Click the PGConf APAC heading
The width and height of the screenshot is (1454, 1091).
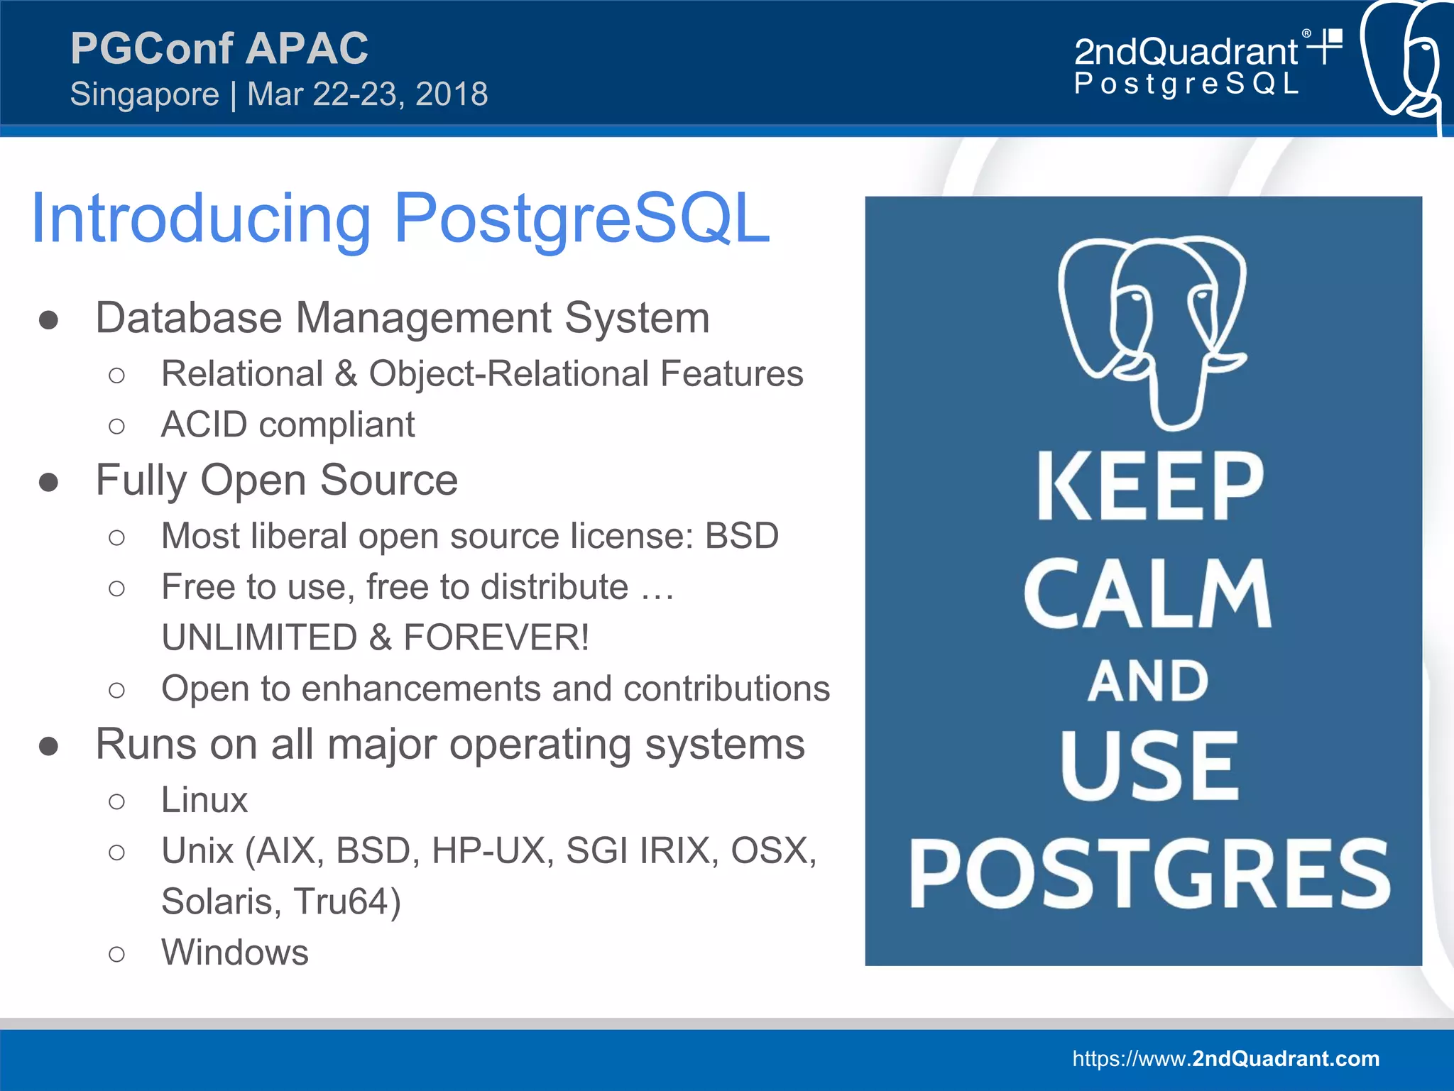[x=219, y=48]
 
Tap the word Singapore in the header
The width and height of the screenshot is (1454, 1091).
[x=145, y=94]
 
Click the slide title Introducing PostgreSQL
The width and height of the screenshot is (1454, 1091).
[x=400, y=219]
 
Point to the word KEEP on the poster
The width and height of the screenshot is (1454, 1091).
[x=1149, y=487]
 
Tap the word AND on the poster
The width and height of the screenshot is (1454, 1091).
[x=1148, y=681]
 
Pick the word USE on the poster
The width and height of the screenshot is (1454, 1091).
[x=1149, y=767]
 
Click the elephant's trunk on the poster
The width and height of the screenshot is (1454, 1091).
[x=1175, y=398]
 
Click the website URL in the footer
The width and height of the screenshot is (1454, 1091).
[x=1225, y=1058]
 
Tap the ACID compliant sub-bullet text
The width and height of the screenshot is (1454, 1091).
[x=288, y=425]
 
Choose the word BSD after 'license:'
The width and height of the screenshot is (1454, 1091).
[x=741, y=536]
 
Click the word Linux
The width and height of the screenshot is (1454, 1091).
[x=204, y=800]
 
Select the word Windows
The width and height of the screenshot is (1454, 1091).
[x=235, y=953]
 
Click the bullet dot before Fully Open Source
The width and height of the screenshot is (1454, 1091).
[x=48, y=482]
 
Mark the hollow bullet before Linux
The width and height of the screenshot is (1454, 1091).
[x=117, y=801]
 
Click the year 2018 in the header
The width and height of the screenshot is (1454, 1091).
[x=452, y=94]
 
